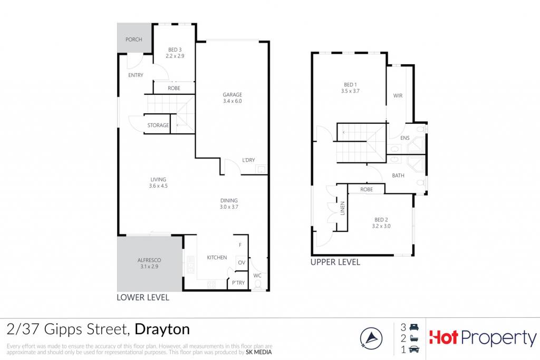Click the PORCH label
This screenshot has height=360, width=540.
pos(133,40)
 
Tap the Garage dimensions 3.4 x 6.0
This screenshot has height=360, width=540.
pos(233,101)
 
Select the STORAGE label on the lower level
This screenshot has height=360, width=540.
pos(158,125)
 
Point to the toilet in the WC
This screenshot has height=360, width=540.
pos(257,285)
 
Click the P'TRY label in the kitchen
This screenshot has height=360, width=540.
pos(238,283)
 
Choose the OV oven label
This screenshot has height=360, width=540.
pos(242,262)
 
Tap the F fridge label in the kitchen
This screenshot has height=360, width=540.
pos(240,245)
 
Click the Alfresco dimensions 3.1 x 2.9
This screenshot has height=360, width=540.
pos(149,266)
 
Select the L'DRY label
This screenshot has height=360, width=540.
pos(248,160)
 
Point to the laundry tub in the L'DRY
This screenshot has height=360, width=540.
pos(262,170)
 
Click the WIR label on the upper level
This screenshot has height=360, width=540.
pos(398,96)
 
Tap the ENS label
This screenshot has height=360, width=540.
pos(405,138)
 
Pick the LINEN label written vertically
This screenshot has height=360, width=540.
pos(343,208)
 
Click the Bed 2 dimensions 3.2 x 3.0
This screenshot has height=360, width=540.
pos(381,226)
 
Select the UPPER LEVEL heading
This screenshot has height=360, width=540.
pos(335,262)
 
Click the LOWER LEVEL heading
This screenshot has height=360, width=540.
pos(143,297)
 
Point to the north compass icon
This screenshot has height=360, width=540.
pos(371,338)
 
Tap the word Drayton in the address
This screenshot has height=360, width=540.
pos(162,330)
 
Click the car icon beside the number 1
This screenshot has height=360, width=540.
pos(414,349)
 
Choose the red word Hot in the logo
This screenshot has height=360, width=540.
pos(443,337)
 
